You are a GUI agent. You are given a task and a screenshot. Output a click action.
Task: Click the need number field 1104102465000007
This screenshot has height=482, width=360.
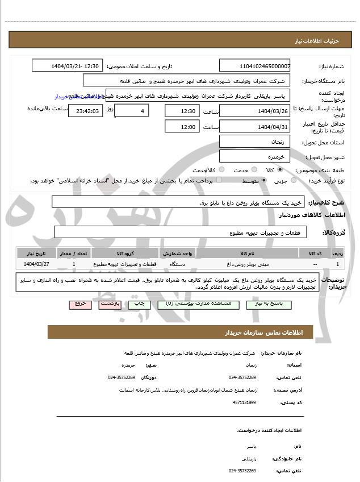(255, 66)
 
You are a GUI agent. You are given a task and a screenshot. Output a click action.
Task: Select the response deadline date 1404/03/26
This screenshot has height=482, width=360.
(255, 110)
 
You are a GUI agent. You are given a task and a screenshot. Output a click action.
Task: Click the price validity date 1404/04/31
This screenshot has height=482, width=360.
(255, 126)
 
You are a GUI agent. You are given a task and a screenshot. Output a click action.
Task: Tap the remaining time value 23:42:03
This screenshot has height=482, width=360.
(85, 111)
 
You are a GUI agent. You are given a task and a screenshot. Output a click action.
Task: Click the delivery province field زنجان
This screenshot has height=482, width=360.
(255, 142)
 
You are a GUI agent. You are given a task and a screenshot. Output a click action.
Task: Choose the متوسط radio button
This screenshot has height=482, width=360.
(264, 180)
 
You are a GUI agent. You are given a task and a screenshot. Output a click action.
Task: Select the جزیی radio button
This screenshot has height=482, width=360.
(294, 180)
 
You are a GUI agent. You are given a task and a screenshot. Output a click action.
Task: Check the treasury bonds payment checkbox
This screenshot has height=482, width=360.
(191, 180)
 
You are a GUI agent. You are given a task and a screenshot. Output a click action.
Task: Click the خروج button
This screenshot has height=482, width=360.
(79, 304)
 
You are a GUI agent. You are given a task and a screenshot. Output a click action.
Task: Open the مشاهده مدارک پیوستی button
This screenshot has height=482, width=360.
(190, 304)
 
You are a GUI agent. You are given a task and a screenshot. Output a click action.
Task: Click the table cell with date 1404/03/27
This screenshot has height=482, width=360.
(36, 264)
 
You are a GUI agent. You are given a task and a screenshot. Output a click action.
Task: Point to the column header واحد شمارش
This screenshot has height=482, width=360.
(178, 252)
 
